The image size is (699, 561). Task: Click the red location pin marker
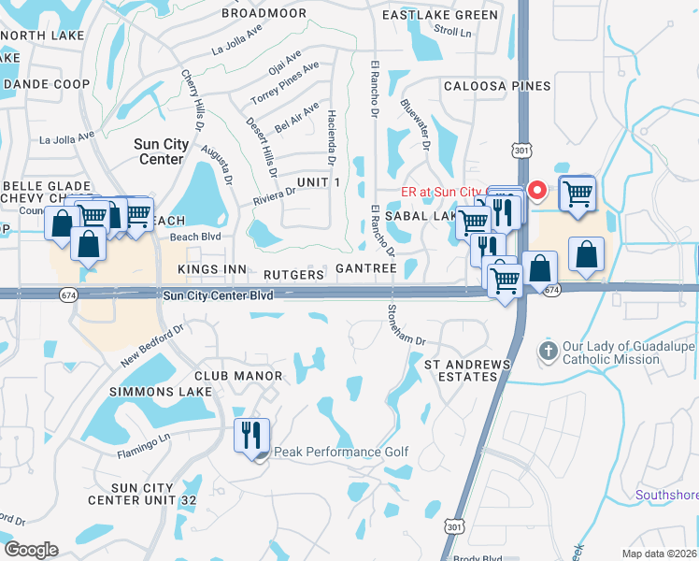click(537, 191)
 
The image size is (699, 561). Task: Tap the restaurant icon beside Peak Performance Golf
click(251, 437)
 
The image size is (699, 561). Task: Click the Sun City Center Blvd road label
click(218, 296)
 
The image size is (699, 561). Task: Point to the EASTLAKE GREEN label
click(441, 16)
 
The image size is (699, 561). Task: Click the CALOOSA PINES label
click(496, 86)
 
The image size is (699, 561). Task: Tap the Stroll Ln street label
click(453, 31)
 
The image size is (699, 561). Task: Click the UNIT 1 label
click(319, 180)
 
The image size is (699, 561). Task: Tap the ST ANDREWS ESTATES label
click(467, 369)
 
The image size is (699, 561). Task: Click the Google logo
click(31, 549)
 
